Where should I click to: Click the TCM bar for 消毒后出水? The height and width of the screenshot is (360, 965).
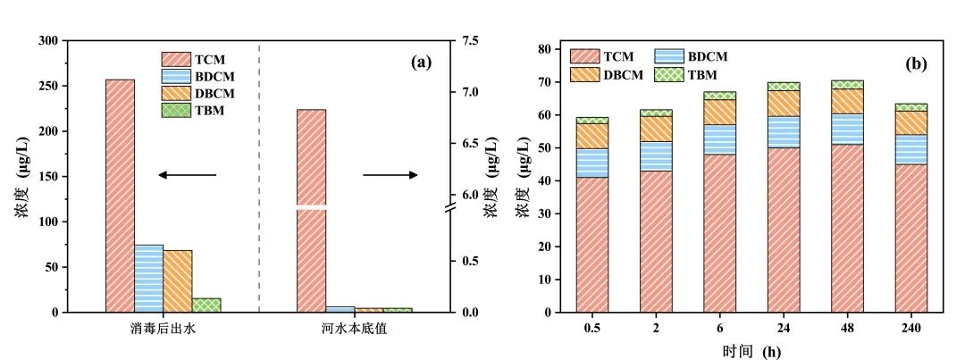coord(120,196)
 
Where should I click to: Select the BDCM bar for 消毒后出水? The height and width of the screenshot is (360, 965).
coord(148,278)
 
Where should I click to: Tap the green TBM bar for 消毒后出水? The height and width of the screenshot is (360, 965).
coord(206,305)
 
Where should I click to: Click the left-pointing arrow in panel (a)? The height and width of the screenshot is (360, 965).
coord(187,175)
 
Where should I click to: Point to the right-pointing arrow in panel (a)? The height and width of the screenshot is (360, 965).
coord(390,175)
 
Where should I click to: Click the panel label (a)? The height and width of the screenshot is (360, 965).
coord(421,63)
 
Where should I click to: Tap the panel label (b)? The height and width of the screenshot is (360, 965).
coord(916,63)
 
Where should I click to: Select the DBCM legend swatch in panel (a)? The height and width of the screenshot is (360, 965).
coord(177,94)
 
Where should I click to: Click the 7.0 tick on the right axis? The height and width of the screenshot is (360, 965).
coord(469,92)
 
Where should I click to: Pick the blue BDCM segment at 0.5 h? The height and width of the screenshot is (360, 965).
coord(592,163)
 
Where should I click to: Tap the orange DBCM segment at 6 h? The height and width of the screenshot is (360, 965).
coord(719,112)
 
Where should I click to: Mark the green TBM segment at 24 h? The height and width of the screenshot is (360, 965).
coord(783,86)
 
